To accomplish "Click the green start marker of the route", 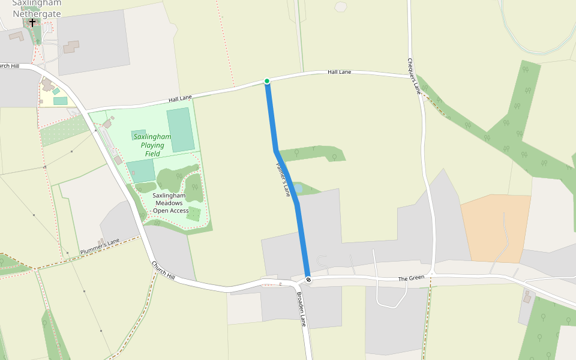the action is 267,81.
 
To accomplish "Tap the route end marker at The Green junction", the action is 308,280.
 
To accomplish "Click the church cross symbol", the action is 32,22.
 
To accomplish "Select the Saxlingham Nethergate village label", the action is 36,8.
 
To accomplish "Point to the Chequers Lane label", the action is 413,76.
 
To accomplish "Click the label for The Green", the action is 412,278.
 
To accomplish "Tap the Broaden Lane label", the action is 302,309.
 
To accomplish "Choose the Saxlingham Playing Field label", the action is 152,145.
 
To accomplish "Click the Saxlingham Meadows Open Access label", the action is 170,203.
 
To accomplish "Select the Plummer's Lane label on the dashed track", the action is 100,245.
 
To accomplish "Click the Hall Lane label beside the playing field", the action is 180,98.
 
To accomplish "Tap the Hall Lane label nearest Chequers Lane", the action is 339,72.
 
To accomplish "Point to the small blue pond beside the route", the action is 298,189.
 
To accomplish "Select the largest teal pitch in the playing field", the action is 181,129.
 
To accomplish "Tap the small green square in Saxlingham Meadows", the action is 193,214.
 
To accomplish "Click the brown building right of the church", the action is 71,46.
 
